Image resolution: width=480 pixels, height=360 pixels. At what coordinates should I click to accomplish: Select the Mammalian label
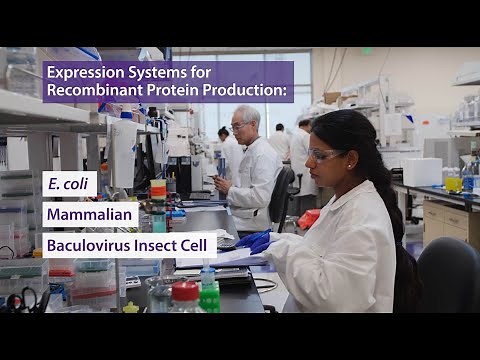click(89, 214)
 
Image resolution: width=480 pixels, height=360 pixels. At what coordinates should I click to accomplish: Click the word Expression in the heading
click(86, 69)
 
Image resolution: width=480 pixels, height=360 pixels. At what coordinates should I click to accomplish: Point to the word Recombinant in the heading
click(93, 91)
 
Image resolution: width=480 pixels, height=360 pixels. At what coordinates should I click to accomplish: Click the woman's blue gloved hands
click(255, 241)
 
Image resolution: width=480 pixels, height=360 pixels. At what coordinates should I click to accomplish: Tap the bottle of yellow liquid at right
click(454, 182)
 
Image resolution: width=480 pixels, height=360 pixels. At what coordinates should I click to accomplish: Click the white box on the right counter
click(422, 171)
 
